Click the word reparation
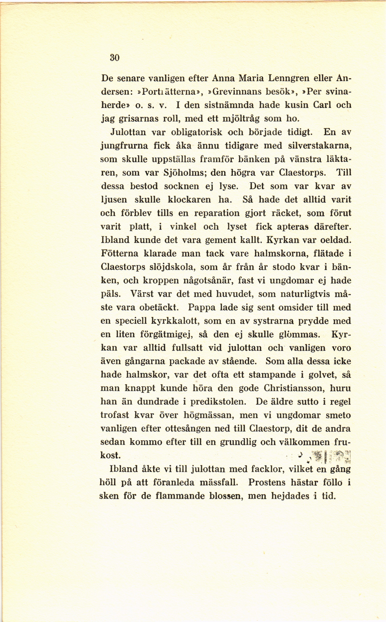pyautogui.click(x=217, y=213)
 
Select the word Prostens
pyautogui.click(x=267, y=483)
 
